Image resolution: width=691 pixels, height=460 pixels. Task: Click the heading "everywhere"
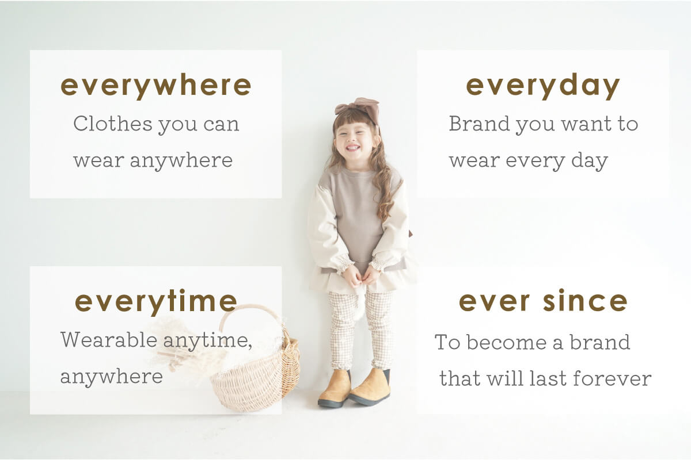click(156, 86)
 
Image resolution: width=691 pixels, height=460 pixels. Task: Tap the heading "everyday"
click(542, 86)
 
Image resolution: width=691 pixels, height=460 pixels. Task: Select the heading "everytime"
click(156, 302)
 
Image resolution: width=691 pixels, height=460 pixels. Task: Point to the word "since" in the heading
click(585, 301)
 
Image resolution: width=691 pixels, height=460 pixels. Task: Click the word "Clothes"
click(113, 124)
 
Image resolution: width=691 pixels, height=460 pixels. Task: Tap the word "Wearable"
click(109, 340)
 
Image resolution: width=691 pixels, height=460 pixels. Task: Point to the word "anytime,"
click(208, 342)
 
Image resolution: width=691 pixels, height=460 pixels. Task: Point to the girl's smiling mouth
click(353, 148)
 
